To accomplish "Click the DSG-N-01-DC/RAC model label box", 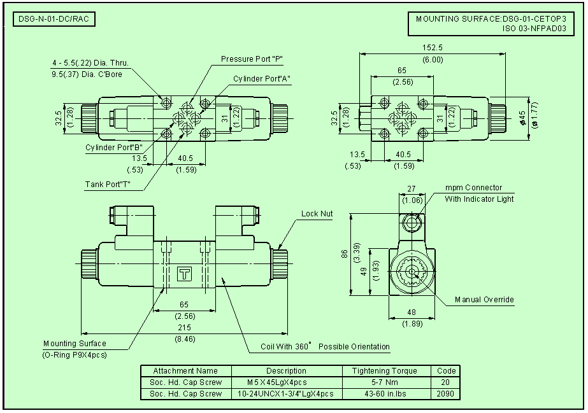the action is pos(54,19).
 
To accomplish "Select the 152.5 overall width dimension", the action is pos(433,48).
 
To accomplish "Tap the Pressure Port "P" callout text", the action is pos(252,59).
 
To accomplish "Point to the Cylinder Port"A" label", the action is pos(262,79).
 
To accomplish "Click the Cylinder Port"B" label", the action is pos(114,148).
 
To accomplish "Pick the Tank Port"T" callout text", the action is pos(108,184).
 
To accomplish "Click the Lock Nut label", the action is pos(317,213).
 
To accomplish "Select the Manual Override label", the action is pos(484,300).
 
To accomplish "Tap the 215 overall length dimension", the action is pos(184,328).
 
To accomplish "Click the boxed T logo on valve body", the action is pos(184,274).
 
